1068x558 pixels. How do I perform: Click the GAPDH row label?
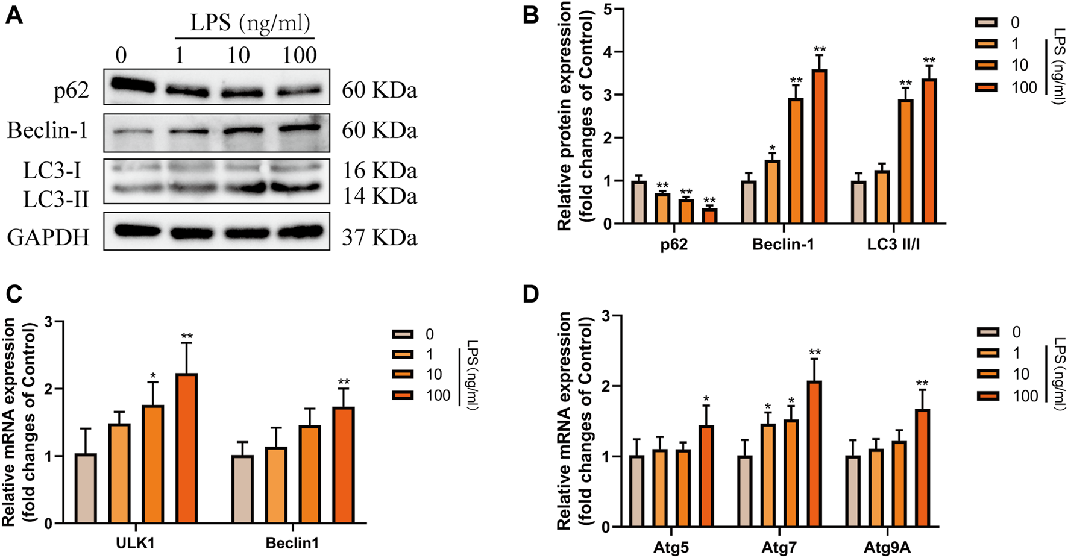pyautogui.click(x=48, y=237)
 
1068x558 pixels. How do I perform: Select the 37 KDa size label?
pyautogui.click(x=379, y=237)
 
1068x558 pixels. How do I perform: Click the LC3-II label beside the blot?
pyautogui.click(x=55, y=198)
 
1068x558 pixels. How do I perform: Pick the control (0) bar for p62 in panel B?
pyautogui.click(x=639, y=202)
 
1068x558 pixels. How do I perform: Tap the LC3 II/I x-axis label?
pyautogui.click(x=893, y=245)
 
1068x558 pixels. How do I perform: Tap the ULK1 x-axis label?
pyautogui.click(x=136, y=543)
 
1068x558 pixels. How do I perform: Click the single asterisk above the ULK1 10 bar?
pyautogui.click(x=154, y=377)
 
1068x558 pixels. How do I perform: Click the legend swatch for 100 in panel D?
pyautogui.click(x=988, y=396)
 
